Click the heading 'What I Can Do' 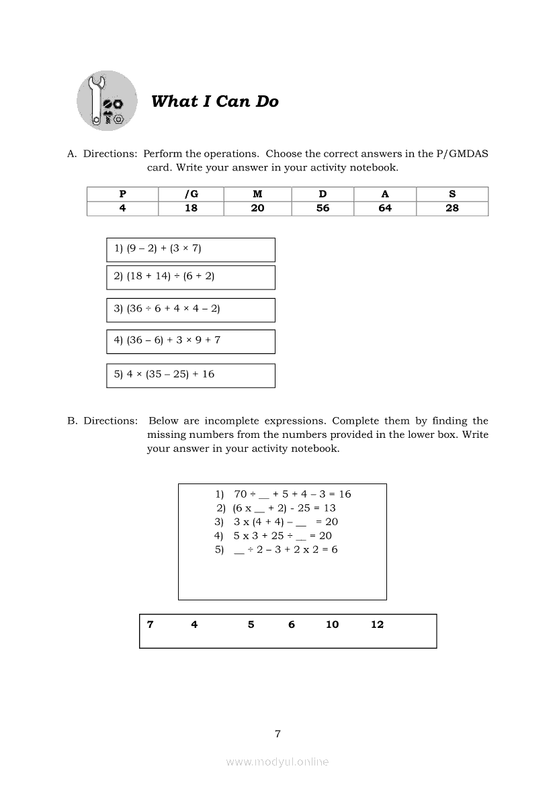pyautogui.click(x=214, y=101)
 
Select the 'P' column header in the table pyautogui.click(x=122, y=194)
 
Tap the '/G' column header pyautogui.click(x=191, y=194)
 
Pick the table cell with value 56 pyautogui.click(x=323, y=208)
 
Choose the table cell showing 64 pyautogui.click(x=385, y=208)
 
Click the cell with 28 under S pyautogui.click(x=452, y=208)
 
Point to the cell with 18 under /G pyautogui.click(x=191, y=208)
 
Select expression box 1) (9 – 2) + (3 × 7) pyautogui.click(x=191, y=249)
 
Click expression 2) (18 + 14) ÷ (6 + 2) pyautogui.click(x=191, y=277)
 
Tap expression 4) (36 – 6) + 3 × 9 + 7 pyautogui.click(x=191, y=341)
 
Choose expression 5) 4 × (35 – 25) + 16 pyautogui.click(x=191, y=375)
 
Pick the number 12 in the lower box pyautogui.click(x=377, y=625)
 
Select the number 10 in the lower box pyautogui.click(x=332, y=625)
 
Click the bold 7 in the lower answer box pyautogui.click(x=150, y=625)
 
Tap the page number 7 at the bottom pyautogui.click(x=277, y=734)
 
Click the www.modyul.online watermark pyautogui.click(x=277, y=761)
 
